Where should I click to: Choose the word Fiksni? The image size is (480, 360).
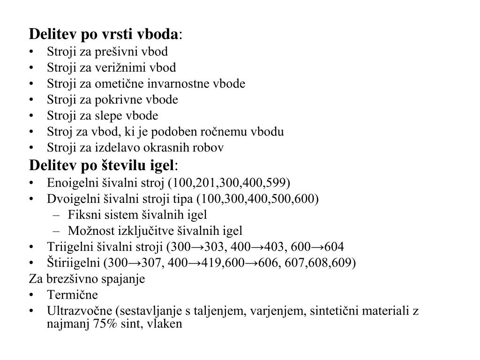pos(81,215)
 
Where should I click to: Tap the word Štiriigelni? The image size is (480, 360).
pos(71,263)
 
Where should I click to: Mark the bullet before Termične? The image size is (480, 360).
pos(31,295)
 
